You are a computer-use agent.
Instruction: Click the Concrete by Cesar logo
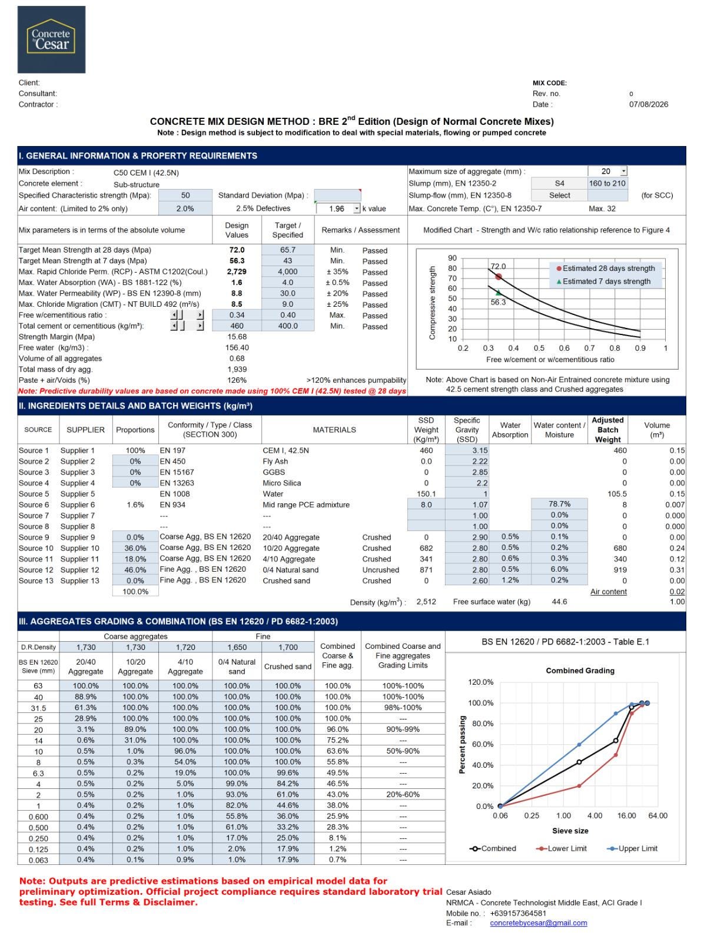[x=51, y=39]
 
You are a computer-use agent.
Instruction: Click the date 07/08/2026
[x=648, y=104]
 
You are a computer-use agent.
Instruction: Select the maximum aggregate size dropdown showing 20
[x=607, y=171]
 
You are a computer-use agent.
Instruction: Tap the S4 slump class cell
[x=559, y=183]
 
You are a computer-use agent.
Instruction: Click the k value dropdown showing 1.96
[x=338, y=208]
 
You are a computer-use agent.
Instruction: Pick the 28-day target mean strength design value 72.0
[x=237, y=250]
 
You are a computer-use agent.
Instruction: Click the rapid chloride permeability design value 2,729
[x=237, y=271]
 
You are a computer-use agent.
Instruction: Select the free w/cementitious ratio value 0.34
[x=237, y=315]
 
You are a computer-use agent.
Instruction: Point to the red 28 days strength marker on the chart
[x=498, y=277]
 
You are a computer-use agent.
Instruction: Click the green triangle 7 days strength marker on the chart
[x=498, y=293]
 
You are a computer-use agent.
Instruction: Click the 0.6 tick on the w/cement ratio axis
[x=564, y=348]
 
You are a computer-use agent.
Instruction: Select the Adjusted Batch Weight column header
[x=607, y=430]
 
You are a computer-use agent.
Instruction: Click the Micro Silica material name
[x=281, y=483]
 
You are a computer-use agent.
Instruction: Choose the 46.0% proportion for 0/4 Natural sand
[x=135, y=570]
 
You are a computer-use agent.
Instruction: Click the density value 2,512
[x=426, y=602]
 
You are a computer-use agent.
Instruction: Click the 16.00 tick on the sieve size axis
[x=626, y=815]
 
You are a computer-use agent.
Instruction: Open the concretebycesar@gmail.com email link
[x=538, y=923]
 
